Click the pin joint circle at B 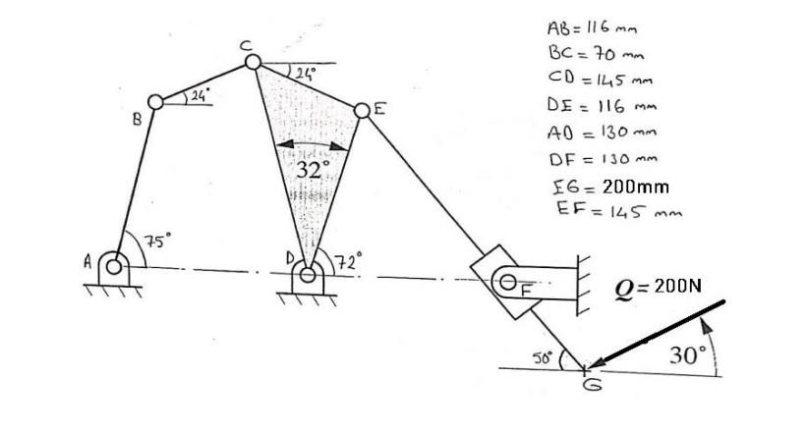coord(155,101)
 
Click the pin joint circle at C coord(253,62)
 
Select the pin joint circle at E coord(360,109)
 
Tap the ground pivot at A coord(115,266)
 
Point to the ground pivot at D coord(308,274)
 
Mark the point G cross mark coord(584,370)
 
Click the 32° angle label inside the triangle coord(313,169)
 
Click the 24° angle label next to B coord(200,95)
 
